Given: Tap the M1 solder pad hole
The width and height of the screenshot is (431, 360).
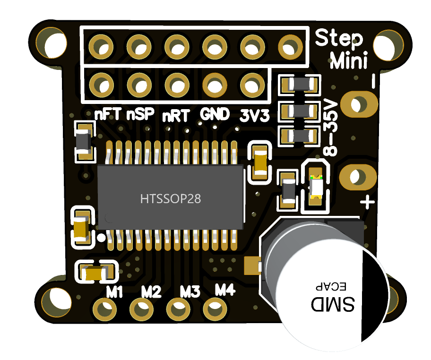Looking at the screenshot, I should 101,310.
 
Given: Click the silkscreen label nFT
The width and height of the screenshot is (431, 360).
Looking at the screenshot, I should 108,114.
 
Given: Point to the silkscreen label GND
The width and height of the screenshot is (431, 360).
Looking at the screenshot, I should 215,114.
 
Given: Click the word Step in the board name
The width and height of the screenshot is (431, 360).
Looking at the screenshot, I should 339,38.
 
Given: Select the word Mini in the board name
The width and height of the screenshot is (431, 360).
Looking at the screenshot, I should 349,60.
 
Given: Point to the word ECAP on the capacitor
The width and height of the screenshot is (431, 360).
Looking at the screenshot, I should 331,286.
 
